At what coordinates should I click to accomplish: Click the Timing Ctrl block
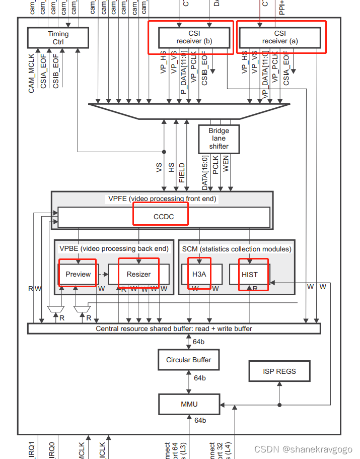[58, 38]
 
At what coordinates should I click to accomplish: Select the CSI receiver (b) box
[194, 37]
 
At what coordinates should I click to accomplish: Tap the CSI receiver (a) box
[279, 37]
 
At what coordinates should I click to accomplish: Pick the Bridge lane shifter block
[219, 139]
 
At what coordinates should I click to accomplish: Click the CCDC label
[163, 217]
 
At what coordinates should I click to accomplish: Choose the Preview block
[78, 274]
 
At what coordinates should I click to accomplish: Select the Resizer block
[138, 274]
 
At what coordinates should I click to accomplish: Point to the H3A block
[200, 275]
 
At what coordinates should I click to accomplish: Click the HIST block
[249, 275]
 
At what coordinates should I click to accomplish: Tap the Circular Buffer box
[189, 360]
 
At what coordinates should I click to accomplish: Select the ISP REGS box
[279, 371]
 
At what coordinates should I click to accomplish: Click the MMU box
[189, 404]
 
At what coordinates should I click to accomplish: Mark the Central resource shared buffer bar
[174, 329]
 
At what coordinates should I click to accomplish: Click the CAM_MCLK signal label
[32, 73]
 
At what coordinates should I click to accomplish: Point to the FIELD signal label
[182, 172]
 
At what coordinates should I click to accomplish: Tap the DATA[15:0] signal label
[205, 173]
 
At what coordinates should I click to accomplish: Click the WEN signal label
[226, 164]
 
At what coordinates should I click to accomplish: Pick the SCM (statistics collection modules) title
[236, 248]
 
